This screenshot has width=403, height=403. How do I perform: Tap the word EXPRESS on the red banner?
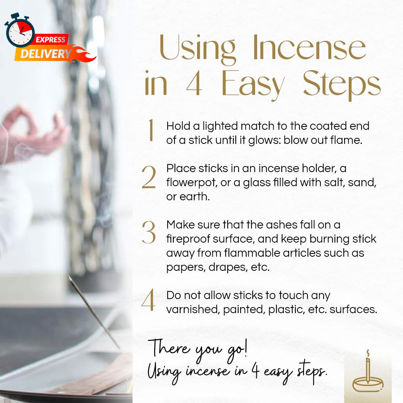[x=50, y=39]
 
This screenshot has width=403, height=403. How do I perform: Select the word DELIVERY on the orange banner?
[x=46, y=54]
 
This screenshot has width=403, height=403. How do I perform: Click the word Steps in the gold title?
[x=342, y=84]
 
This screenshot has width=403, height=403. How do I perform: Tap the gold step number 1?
[x=151, y=130]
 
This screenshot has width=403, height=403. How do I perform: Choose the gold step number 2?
[x=149, y=177]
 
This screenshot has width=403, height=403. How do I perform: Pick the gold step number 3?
[x=149, y=233]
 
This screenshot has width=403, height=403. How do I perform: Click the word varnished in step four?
[x=193, y=310]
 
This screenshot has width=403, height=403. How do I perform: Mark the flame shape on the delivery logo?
[x=82, y=54]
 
